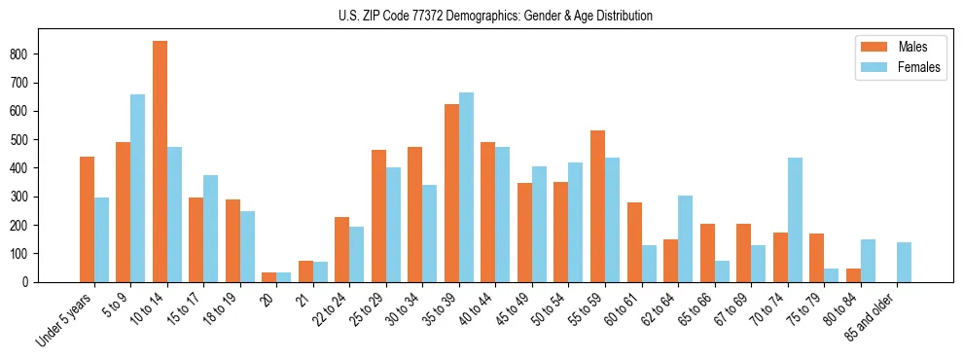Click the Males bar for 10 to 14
160,162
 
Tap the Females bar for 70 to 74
795,220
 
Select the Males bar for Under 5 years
87,219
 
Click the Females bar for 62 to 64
685,238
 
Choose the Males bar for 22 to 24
342,249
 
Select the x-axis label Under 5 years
65,318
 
